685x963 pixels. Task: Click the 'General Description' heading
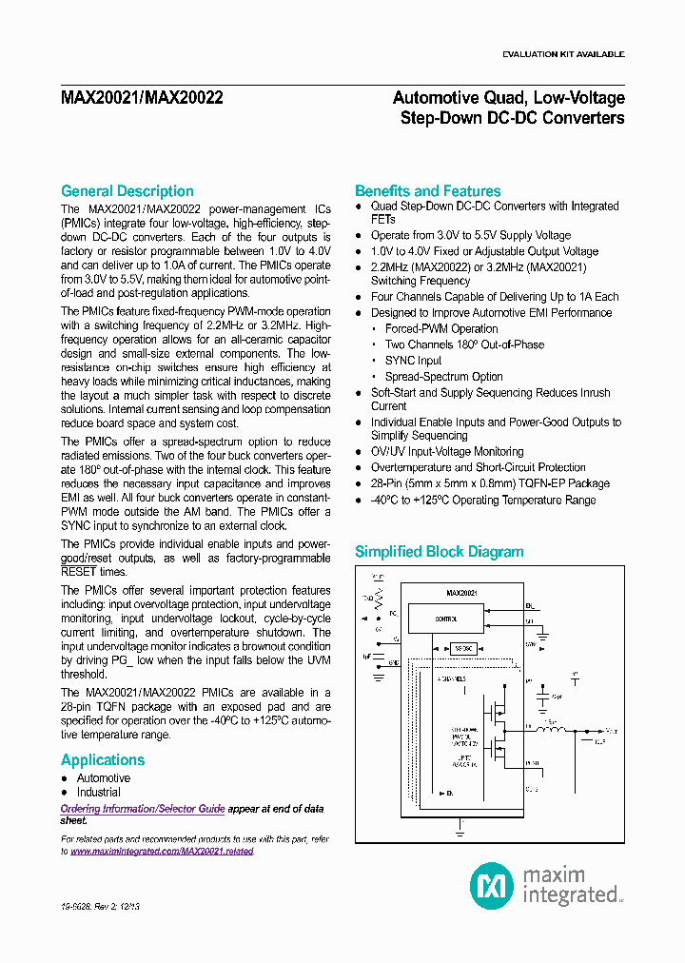[x=127, y=191]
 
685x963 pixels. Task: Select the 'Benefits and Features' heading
[x=427, y=191]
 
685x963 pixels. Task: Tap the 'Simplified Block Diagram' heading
[x=439, y=552]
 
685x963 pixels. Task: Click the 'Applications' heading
[x=103, y=759]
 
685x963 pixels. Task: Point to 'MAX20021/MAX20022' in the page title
[x=142, y=98]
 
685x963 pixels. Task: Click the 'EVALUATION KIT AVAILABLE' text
[x=563, y=54]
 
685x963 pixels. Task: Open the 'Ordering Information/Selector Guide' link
[x=143, y=809]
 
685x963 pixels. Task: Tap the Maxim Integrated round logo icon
[x=492, y=886]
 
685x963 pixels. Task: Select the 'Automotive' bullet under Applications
[x=104, y=778]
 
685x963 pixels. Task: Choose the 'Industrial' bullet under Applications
[x=99, y=793]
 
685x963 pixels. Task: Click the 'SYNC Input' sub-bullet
[x=413, y=361]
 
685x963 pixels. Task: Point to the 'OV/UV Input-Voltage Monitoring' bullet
[x=447, y=452]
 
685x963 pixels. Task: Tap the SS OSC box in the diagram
[x=463, y=647]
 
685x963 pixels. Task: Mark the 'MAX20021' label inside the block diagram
[x=461, y=592]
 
